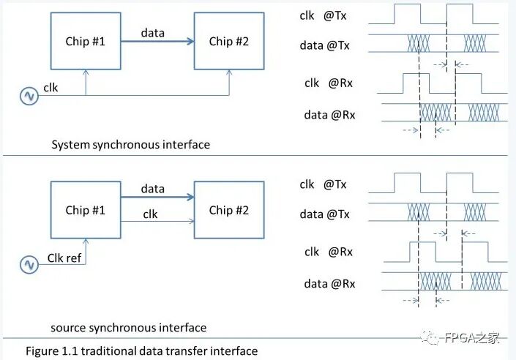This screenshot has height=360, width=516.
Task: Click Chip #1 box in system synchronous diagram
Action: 86,41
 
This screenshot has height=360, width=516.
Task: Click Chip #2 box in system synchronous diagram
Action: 229,41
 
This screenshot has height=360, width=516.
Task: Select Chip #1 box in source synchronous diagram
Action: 86,210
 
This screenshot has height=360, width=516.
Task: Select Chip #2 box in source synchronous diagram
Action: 229,210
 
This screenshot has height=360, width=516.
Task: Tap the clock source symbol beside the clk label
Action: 29,96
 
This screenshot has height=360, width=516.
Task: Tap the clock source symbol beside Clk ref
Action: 29,264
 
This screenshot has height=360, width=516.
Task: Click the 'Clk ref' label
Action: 65,257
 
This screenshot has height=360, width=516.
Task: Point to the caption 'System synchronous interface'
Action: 130,144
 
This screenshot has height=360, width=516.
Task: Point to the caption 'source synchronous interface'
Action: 128,327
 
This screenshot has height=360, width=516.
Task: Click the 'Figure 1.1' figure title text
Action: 141,350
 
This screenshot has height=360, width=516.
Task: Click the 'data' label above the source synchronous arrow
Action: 152,189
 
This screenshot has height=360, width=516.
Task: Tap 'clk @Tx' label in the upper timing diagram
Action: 323,15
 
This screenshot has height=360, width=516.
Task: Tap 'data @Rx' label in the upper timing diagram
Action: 329,114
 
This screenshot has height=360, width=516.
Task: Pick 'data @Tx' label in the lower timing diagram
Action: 324,214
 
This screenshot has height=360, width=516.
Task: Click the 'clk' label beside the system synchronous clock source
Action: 51,87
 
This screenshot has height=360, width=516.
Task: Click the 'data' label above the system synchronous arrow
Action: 152,32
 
